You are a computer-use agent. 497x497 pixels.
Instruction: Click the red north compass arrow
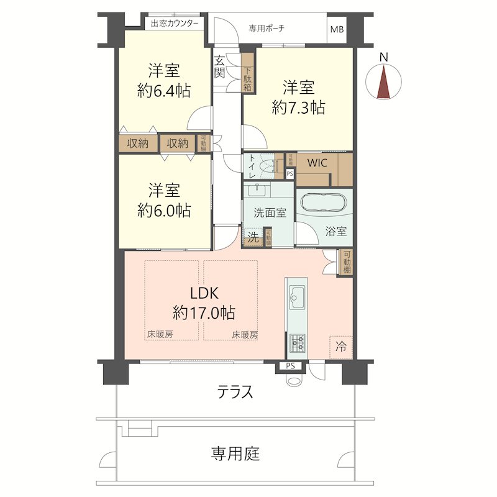pyautogui.click(x=384, y=83)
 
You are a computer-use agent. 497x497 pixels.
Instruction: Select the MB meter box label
pyautogui.click(x=337, y=29)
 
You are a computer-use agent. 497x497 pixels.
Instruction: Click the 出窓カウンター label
pyautogui.click(x=175, y=24)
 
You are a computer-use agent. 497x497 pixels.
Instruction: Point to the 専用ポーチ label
pyautogui.click(x=267, y=28)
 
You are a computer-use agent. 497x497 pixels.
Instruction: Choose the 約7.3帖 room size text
pyautogui.click(x=298, y=107)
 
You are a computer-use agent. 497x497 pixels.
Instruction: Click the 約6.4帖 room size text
pyautogui.click(x=163, y=91)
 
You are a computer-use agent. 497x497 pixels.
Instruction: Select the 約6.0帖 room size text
pyautogui.click(x=163, y=210)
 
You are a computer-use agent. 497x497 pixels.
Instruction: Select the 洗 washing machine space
pyautogui.click(x=253, y=237)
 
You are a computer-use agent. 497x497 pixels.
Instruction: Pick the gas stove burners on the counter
pyautogui.click(x=297, y=341)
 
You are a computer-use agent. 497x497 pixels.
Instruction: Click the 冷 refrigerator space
pyautogui.click(x=341, y=346)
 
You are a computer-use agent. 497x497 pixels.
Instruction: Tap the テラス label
pyautogui.click(x=235, y=392)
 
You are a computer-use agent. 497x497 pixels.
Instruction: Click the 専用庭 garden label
pyautogui.click(x=235, y=454)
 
